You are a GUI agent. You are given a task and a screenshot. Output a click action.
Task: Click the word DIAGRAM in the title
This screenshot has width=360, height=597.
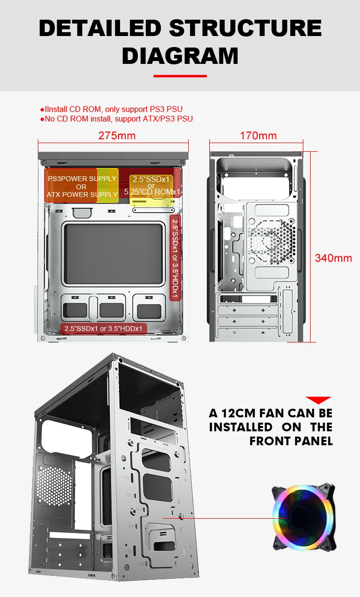[x=180, y=56]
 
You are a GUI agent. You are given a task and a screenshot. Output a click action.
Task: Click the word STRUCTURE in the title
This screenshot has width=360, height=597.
[x=245, y=28]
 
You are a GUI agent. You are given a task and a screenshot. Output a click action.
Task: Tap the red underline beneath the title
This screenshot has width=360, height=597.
[x=180, y=76]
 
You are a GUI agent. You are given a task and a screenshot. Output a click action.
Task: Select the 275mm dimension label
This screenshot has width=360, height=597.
[x=117, y=135]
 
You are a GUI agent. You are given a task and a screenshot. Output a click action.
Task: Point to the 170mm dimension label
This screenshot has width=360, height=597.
[x=258, y=135]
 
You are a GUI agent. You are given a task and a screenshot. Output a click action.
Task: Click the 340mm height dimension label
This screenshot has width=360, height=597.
[x=333, y=258]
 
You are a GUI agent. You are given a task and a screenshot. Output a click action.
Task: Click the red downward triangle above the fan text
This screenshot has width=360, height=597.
[x=319, y=400]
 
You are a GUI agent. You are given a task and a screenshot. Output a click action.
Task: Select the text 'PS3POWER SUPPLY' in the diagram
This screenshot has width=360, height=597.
[x=82, y=179]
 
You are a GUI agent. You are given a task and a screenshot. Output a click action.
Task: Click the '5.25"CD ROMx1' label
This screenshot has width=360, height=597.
[x=152, y=192]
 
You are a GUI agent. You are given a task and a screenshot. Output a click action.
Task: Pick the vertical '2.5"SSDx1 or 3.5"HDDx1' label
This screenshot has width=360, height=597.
[x=175, y=257]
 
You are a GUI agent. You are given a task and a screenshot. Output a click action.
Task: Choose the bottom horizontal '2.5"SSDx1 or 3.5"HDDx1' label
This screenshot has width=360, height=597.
[x=104, y=329]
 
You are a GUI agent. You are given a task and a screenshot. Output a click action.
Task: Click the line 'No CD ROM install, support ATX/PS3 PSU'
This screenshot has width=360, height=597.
[x=119, y=119]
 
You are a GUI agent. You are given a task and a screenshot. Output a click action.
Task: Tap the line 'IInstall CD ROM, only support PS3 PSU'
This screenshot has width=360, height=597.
[x=114, y=110]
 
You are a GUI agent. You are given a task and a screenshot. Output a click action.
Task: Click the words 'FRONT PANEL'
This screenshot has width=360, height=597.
[x=291, y=441]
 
